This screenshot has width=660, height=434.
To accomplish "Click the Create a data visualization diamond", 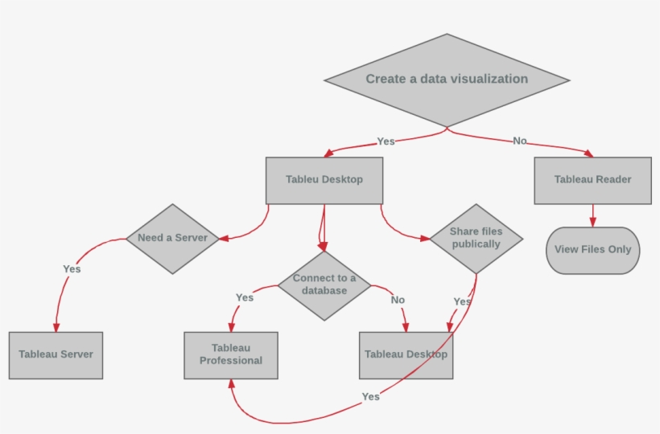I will click(447, 80).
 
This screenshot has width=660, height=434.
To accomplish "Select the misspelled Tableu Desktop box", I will click(324, 180).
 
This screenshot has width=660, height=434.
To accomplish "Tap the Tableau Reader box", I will click(592, 180).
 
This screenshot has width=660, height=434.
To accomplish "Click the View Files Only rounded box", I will click(592, 250).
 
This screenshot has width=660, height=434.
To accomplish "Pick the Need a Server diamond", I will click(172, 239).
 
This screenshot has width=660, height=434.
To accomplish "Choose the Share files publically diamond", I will click(476, 238).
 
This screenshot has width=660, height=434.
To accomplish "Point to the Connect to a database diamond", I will click(324, 285).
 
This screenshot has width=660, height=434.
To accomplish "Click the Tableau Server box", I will click(56, 354).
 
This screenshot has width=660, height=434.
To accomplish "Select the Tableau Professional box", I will click(231, 354).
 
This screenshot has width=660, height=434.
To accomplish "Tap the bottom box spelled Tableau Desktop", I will click(406, 354).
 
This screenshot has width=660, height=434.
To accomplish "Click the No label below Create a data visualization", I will click(520, 141).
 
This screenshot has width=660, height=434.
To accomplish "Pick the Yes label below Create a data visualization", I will click(386, 141).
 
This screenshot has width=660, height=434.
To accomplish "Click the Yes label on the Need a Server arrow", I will click(72, 269).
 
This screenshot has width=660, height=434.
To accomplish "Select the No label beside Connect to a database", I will click(398, 300).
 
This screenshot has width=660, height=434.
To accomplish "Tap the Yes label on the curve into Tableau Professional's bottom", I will click(370, 397).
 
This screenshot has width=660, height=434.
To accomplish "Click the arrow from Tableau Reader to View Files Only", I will click(593, 215).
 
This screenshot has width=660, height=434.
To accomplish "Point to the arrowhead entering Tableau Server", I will click(56, 327).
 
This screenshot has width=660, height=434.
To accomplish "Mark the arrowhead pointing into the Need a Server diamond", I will click(224, 238).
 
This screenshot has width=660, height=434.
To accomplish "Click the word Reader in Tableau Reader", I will click(613, 180).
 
